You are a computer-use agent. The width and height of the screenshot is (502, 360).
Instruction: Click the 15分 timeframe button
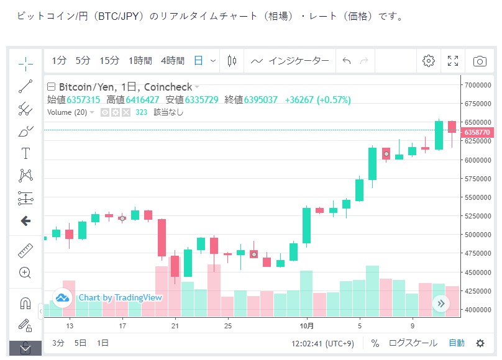(x=109, y=61)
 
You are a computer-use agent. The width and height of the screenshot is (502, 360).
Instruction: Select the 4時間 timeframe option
(x=172, y=61)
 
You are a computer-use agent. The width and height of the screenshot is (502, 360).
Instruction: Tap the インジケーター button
(x=290, y=61)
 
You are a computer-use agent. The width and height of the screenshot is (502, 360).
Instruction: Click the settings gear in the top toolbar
(x=428, y=61)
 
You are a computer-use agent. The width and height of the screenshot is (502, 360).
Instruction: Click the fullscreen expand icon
(x=453, y=61)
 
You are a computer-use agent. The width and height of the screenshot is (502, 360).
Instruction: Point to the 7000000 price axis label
(x=478, y=85)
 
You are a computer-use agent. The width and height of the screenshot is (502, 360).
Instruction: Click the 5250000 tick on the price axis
(x=478, y=216)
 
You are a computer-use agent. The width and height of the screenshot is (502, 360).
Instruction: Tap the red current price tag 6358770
(x=478, y=132)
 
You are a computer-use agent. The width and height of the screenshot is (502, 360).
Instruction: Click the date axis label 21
(x=175, y=326)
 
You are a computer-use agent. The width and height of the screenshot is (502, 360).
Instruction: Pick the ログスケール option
(x=413, y=343)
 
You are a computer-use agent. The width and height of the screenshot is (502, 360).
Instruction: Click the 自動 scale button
(x=456, y=343)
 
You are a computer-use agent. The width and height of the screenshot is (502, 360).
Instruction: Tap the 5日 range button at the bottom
(x=81, y=343)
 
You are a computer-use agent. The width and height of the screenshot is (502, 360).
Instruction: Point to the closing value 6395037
(x=260, y=100)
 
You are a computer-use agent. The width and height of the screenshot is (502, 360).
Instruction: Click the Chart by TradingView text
(x=120, y=298)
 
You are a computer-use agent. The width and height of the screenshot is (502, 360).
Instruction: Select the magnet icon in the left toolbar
(x=25, y=303)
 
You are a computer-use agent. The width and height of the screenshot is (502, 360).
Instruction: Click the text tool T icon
(x=25, y=153)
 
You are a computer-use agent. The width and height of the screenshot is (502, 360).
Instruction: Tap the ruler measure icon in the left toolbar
(x=25, y=251)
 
